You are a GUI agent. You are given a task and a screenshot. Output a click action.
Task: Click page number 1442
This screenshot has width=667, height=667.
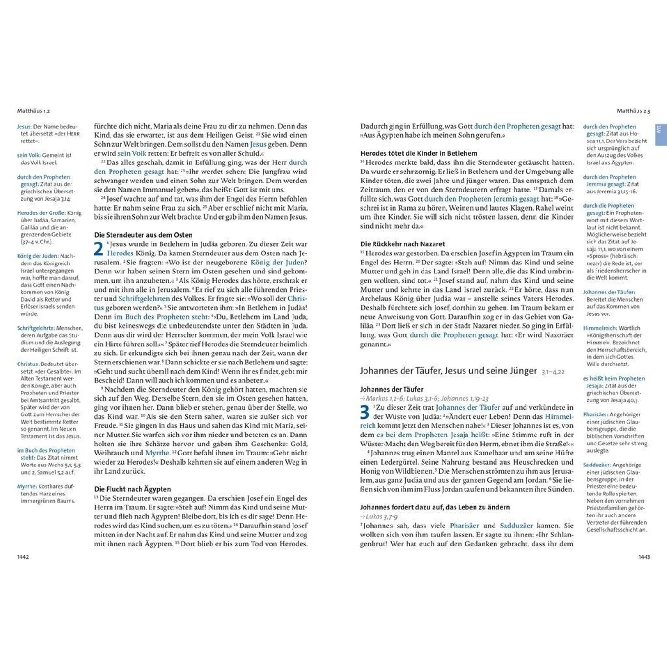tap(23, 557)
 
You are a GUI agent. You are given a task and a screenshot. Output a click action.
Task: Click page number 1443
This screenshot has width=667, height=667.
tap(644, 557)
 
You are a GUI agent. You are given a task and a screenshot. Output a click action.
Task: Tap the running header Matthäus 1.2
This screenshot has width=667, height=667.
tap(33, 111)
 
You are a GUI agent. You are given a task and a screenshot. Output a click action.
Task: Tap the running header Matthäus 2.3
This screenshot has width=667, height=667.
tap(633, 111)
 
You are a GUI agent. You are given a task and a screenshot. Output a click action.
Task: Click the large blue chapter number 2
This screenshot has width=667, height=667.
tap(99, 249)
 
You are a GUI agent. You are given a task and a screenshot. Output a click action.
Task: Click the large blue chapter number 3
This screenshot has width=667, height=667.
tap(364, 412)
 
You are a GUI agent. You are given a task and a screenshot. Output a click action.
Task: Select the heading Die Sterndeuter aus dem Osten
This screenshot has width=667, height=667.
tap(143, 235)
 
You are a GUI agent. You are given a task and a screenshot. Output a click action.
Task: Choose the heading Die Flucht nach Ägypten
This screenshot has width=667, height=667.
tap(132, 489)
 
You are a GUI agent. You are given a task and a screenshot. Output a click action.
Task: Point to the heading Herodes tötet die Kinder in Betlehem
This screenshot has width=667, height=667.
tap(419, 153)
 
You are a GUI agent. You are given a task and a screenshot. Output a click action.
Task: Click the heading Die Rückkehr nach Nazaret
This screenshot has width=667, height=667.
tap(403, 244)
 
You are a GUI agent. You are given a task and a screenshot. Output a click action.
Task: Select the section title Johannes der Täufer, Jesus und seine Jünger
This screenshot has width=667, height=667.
tap(448, 371)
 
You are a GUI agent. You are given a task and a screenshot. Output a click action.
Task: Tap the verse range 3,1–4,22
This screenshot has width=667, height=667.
tap(553, 372)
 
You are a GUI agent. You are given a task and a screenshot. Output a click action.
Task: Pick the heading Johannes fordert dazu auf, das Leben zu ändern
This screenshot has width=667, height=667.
tap(435, 507)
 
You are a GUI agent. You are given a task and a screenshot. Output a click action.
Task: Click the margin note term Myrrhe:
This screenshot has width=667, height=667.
tap(27, 486)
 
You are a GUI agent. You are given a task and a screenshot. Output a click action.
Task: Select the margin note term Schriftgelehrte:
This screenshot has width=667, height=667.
tap(36, 328)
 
